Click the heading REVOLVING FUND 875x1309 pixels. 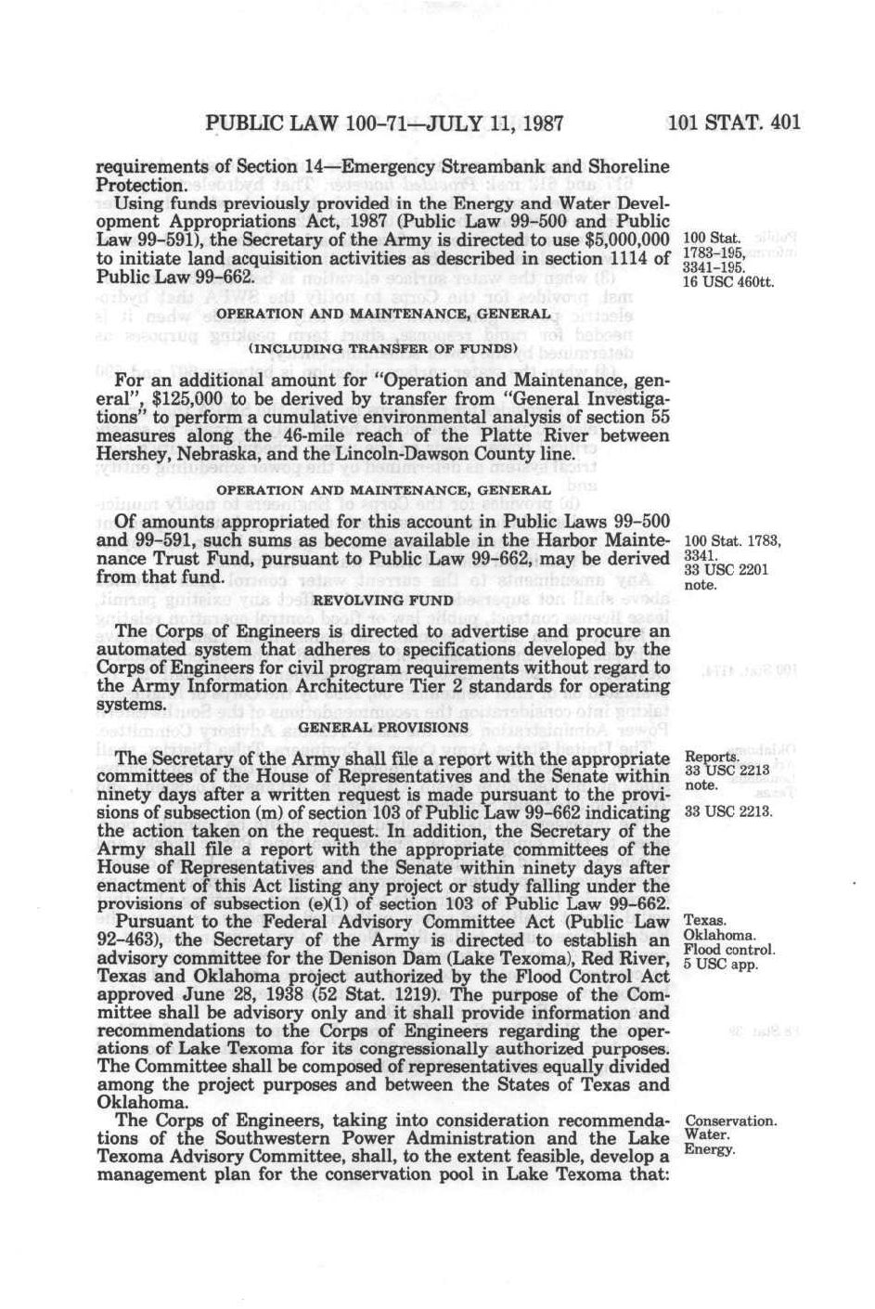click(x=384, y=600)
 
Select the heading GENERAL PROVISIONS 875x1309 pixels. click(x=383, y=727)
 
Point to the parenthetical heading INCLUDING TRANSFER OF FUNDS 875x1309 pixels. click(x=382, y=348)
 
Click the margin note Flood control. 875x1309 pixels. click(x=728, y=950)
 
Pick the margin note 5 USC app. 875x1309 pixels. click(x=720, y=964)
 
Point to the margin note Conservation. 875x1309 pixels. click(x=729, y=1121)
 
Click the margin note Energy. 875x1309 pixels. click(x=709, y=1149)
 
